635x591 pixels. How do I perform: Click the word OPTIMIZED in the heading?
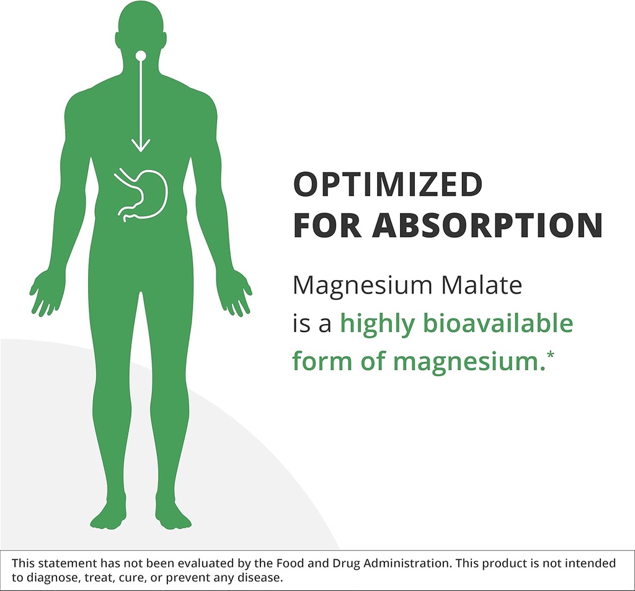point(387,185)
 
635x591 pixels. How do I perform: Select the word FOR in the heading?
point(327,226)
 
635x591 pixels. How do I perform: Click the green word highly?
point(376,325)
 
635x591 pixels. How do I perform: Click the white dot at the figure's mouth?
point(141,56)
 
